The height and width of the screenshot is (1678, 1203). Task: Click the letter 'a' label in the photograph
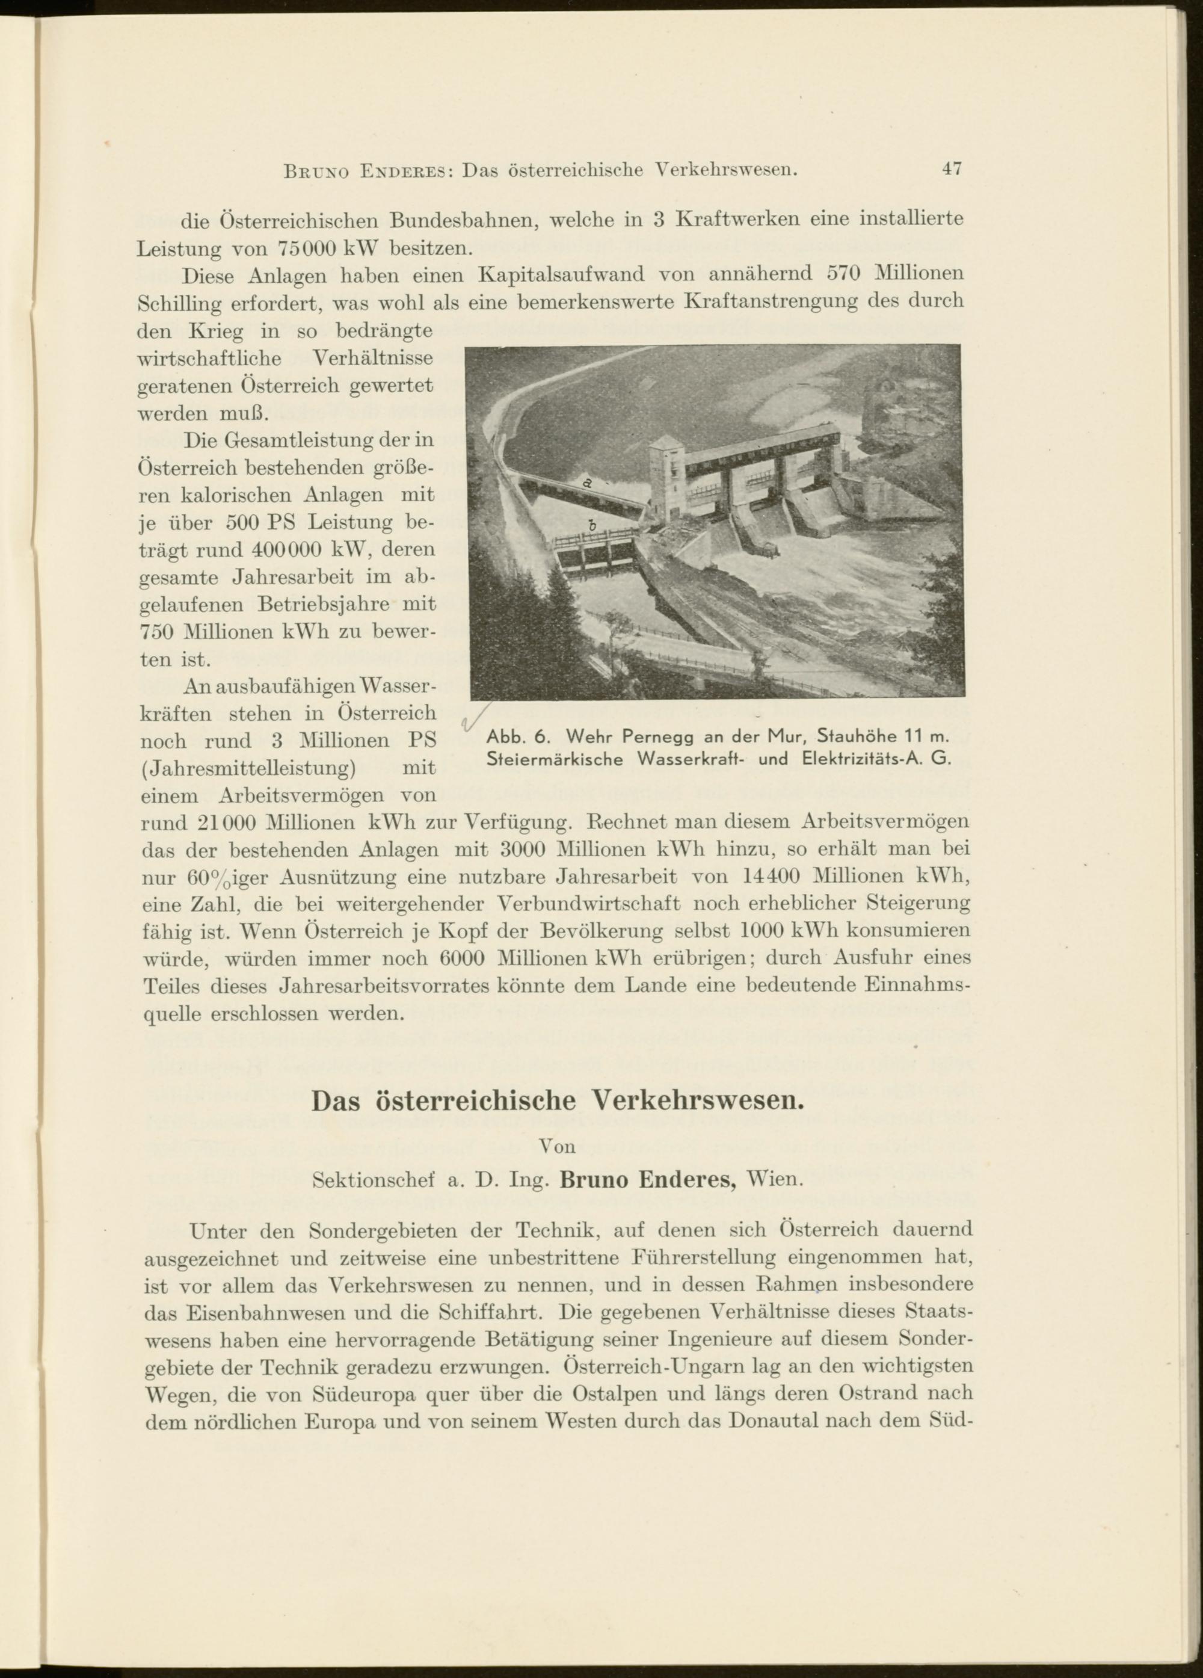click(586, 483)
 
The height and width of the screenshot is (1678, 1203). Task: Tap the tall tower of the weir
click(667, 477)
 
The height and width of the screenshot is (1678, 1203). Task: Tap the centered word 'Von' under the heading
click(556, 1146)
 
